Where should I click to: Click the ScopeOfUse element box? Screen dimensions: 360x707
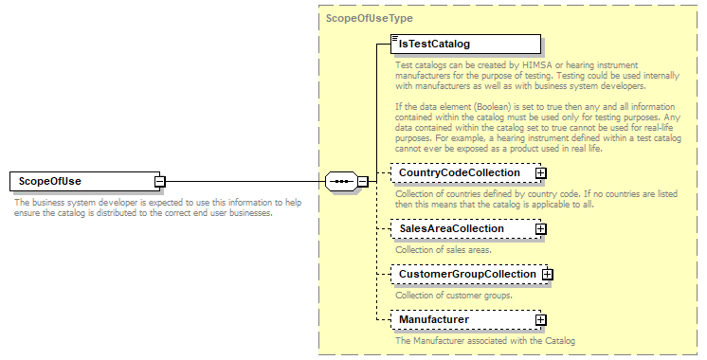click(82, 181)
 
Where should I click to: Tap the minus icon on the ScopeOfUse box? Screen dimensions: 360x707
click(161, 181)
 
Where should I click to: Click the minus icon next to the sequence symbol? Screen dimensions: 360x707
click(362, 181)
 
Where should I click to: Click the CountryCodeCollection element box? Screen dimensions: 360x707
click(461, 173)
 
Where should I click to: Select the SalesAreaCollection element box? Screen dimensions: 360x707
click(461, 228)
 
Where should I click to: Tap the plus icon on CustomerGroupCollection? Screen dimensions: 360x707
click(547, 275)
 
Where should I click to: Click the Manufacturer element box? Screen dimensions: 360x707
click(461, 320)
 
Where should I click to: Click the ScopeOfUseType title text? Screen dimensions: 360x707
click(369, 18)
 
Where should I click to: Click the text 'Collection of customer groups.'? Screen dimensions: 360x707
click(454, 296)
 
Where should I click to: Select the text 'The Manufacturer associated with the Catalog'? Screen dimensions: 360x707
click(484, 340)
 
